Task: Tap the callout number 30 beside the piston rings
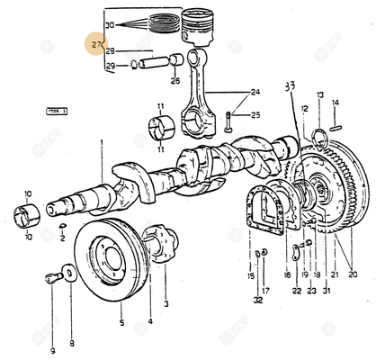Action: tap(110, 25)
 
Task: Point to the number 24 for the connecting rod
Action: tap(255, 92)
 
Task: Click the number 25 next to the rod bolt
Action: tap(255, 115)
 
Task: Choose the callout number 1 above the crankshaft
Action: tap(102, 142)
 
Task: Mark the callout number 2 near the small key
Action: tap(62, 238)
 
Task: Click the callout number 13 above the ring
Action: tap(318, 94)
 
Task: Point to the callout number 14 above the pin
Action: tap(336, 103)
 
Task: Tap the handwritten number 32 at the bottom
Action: tap(258, 299)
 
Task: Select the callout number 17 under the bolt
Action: tap(264, 291)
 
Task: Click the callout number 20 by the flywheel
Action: tap(352, 274)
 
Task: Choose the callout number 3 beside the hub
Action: tap(165, 305)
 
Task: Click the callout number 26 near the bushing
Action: tap(175, 81)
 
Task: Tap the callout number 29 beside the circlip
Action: tap(110, 66)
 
